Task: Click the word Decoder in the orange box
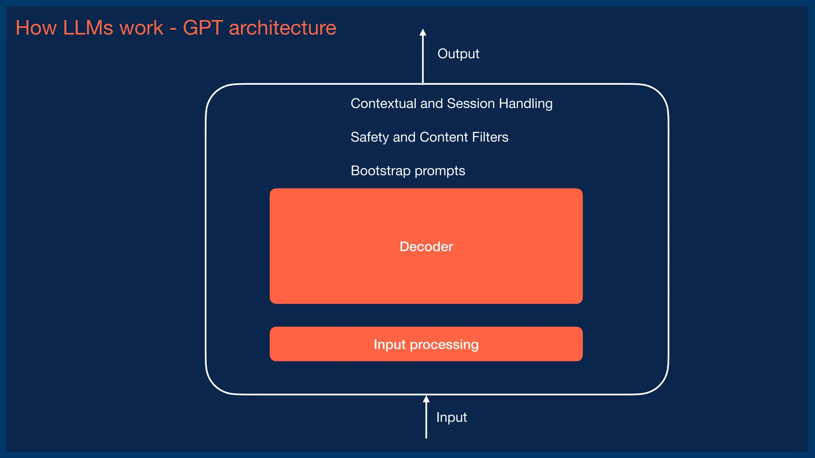tap(426, 246)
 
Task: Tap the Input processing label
tap(426, 344)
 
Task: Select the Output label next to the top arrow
tap(458, 54)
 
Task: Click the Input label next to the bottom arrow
tap(451, 417)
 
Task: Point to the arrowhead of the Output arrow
tap(423, 32)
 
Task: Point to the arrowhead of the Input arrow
tap(426, 399)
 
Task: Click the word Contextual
tap(383, 103)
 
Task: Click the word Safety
tap(369, 137)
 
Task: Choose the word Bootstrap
tap(380, 171)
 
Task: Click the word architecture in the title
tap(283, 28)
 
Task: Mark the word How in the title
tap(36, 28)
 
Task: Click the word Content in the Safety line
tap(443, 137)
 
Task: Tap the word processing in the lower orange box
tap(444, 345)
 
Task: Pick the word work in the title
tap(141, 28)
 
